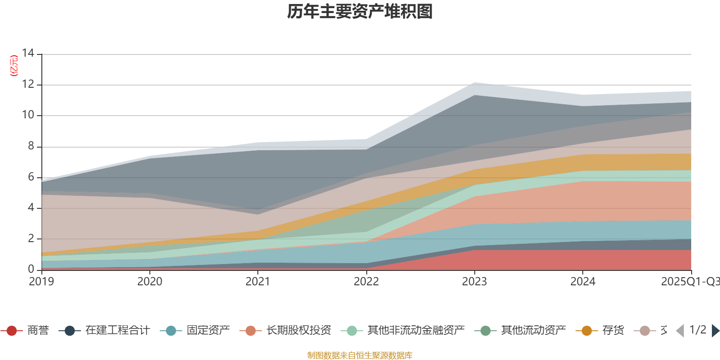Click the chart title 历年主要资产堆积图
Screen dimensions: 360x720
pyautogui.click(x=360, y=12)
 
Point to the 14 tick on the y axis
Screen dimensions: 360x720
pyautogui.click(x=28, y=54)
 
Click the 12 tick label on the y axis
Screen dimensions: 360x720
pyautogui.click(x=28, y=84)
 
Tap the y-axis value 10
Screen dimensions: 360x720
pyautogui.click(x=28, y=115)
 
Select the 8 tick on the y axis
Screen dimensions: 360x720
pyautogui.click(x=31, y=146)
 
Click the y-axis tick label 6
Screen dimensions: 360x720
pyautogui.click(x=31, y=177)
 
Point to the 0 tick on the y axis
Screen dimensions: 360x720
pyautogui.click(x=31, y=269)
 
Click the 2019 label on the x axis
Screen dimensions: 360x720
pyautogui.click(x=41, y=282)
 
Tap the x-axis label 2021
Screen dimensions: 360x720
pyautogui.click(x=258, y=282)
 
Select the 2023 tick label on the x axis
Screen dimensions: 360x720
pyautogui.click(x=474, y=282)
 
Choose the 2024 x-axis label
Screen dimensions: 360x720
pyautogui.click(x=583, y=282)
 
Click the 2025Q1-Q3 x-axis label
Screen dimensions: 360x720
pyautogui.click(x=690, y=282)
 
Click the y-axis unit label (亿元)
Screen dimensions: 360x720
pyautogui.click(x=14, y=66)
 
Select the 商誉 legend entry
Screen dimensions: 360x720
pyautogui.click(x=38, y=331)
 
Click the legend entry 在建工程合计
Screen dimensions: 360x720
pyautogui.click(x=117, y=331)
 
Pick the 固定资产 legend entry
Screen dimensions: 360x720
pyautogui.click(x=208, y=331)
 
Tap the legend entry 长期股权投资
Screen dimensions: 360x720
pyautogui.click(x=298, y=331)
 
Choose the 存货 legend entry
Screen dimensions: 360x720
pyautogui.click(x=613, y=331)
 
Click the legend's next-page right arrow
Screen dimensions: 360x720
pyautogui.click(x=715, y=331)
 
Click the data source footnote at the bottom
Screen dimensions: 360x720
pyautogui.click(x=360, y=355)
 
